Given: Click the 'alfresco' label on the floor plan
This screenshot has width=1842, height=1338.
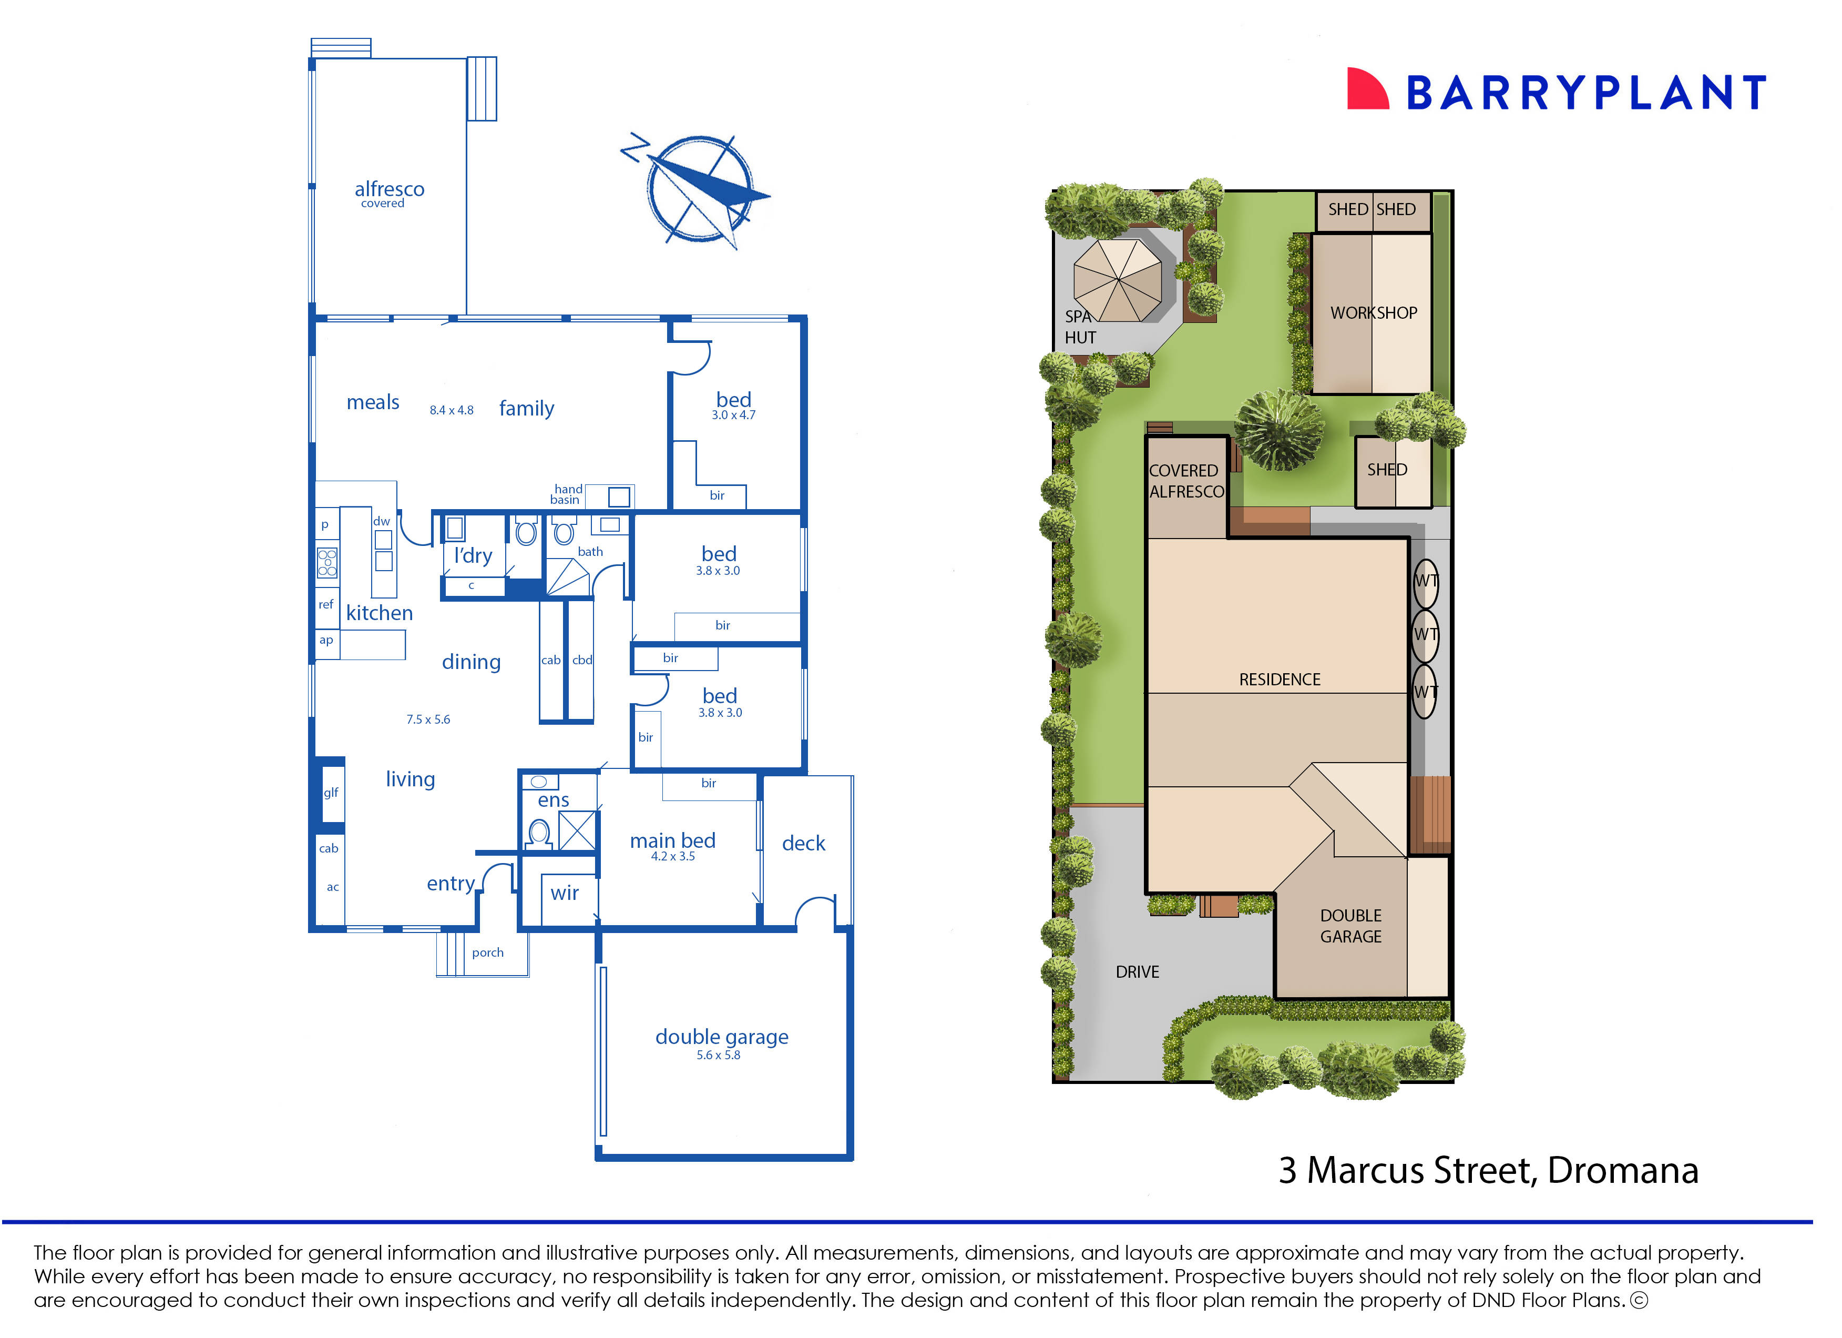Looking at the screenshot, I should pos(389,189).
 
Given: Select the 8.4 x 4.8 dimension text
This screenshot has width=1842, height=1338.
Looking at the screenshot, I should pos(452,410).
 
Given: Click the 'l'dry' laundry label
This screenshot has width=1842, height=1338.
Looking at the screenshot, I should pos(474,556).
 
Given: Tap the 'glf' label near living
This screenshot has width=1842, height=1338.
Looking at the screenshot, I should pos(331,793).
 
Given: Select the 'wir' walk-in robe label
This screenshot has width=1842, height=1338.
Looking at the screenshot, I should pos(565,893).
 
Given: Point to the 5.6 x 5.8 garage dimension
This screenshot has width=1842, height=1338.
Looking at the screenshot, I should pos(718,1055).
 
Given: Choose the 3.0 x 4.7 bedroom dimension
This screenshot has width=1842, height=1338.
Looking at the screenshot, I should pos(733,415).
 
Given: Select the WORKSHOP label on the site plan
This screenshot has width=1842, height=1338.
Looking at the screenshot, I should pos(1374,313).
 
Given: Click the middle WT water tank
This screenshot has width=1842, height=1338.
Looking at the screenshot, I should pos(1425,634).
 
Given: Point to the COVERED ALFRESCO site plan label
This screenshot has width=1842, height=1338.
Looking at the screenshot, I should pos(1186,481).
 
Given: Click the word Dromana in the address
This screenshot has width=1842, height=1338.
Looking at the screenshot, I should pos(1622,1171).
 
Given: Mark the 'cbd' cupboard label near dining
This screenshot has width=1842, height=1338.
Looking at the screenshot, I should pos(581,660).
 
